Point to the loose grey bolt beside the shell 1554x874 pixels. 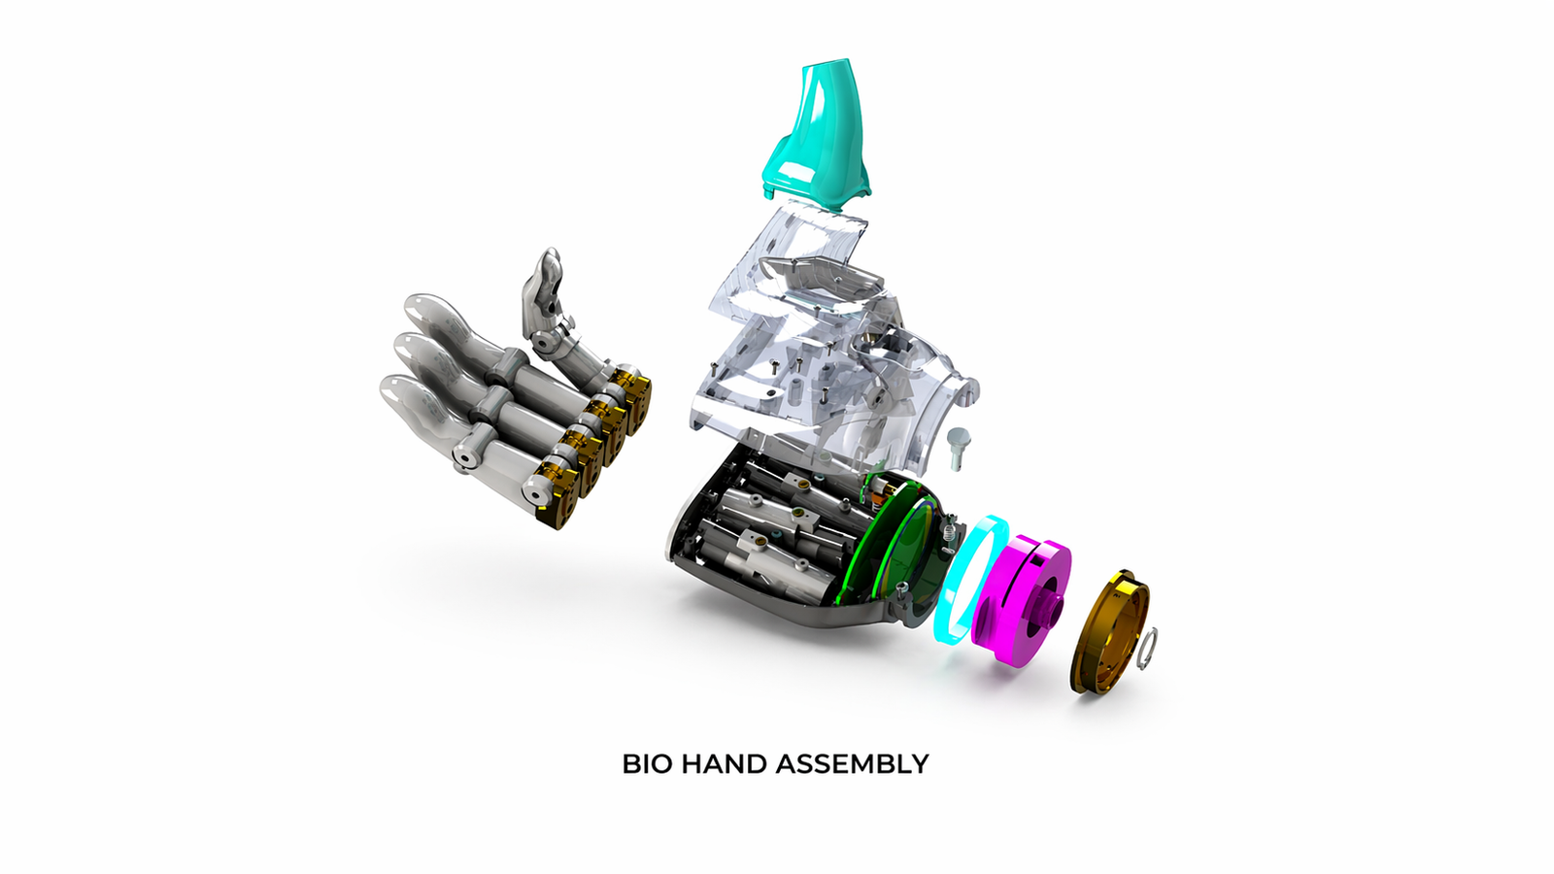(x=959, y=447)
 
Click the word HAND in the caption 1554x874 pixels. (x=725, y=764)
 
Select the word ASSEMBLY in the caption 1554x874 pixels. (x=852, y=764)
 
